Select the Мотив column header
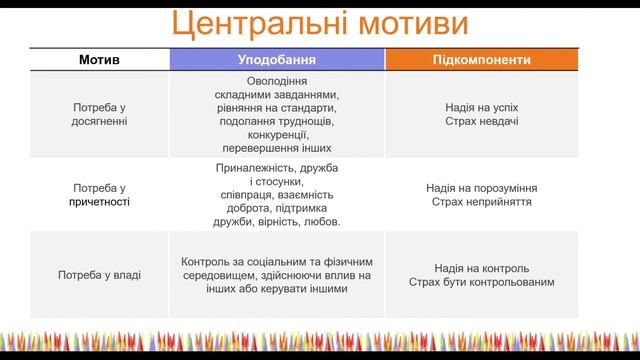coord(99,60)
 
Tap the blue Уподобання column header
coord(276,60)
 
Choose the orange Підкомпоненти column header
coord(481,60)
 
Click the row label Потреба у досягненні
coord(99,113)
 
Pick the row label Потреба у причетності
coord(99,194)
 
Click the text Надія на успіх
coord(481,106)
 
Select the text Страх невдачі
coord(481,121)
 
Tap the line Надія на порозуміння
coord(481,187)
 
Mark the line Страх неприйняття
coord(481,202)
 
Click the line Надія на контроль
coord(481,268)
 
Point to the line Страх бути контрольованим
coord(481,283)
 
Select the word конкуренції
coord(276,134)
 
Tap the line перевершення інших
coord(276,148)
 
